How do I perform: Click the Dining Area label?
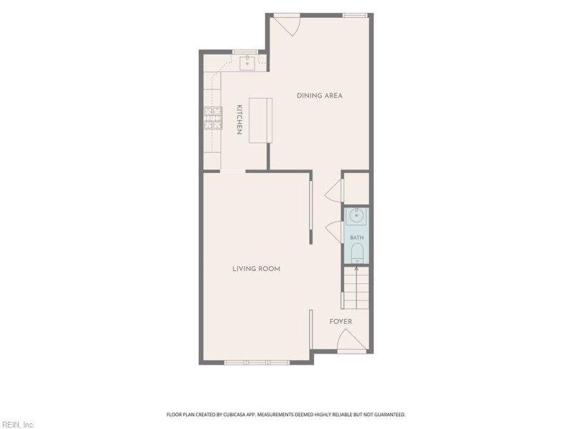click(320, 96)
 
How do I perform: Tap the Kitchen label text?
click(240, 119)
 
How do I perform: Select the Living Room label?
click(257, 269)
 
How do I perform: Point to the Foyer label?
click(341, 321)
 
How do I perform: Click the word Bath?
click(357, 237)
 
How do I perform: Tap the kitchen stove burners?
click(213, 118)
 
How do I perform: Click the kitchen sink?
click(248, 63)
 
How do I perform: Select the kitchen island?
click(261, 120)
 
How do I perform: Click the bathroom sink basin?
click(356, 216)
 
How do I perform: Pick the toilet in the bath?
click(357, 253)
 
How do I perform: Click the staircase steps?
click(356, 288)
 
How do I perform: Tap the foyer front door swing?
click(351, 340)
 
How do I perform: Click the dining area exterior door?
click(287, 26)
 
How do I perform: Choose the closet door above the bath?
click(334, 190)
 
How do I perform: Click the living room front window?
click(257, 363)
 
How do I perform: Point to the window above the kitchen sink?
click(245, 51)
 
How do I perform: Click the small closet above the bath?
click(356, 188)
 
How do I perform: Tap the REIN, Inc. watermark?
click(17, 425)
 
